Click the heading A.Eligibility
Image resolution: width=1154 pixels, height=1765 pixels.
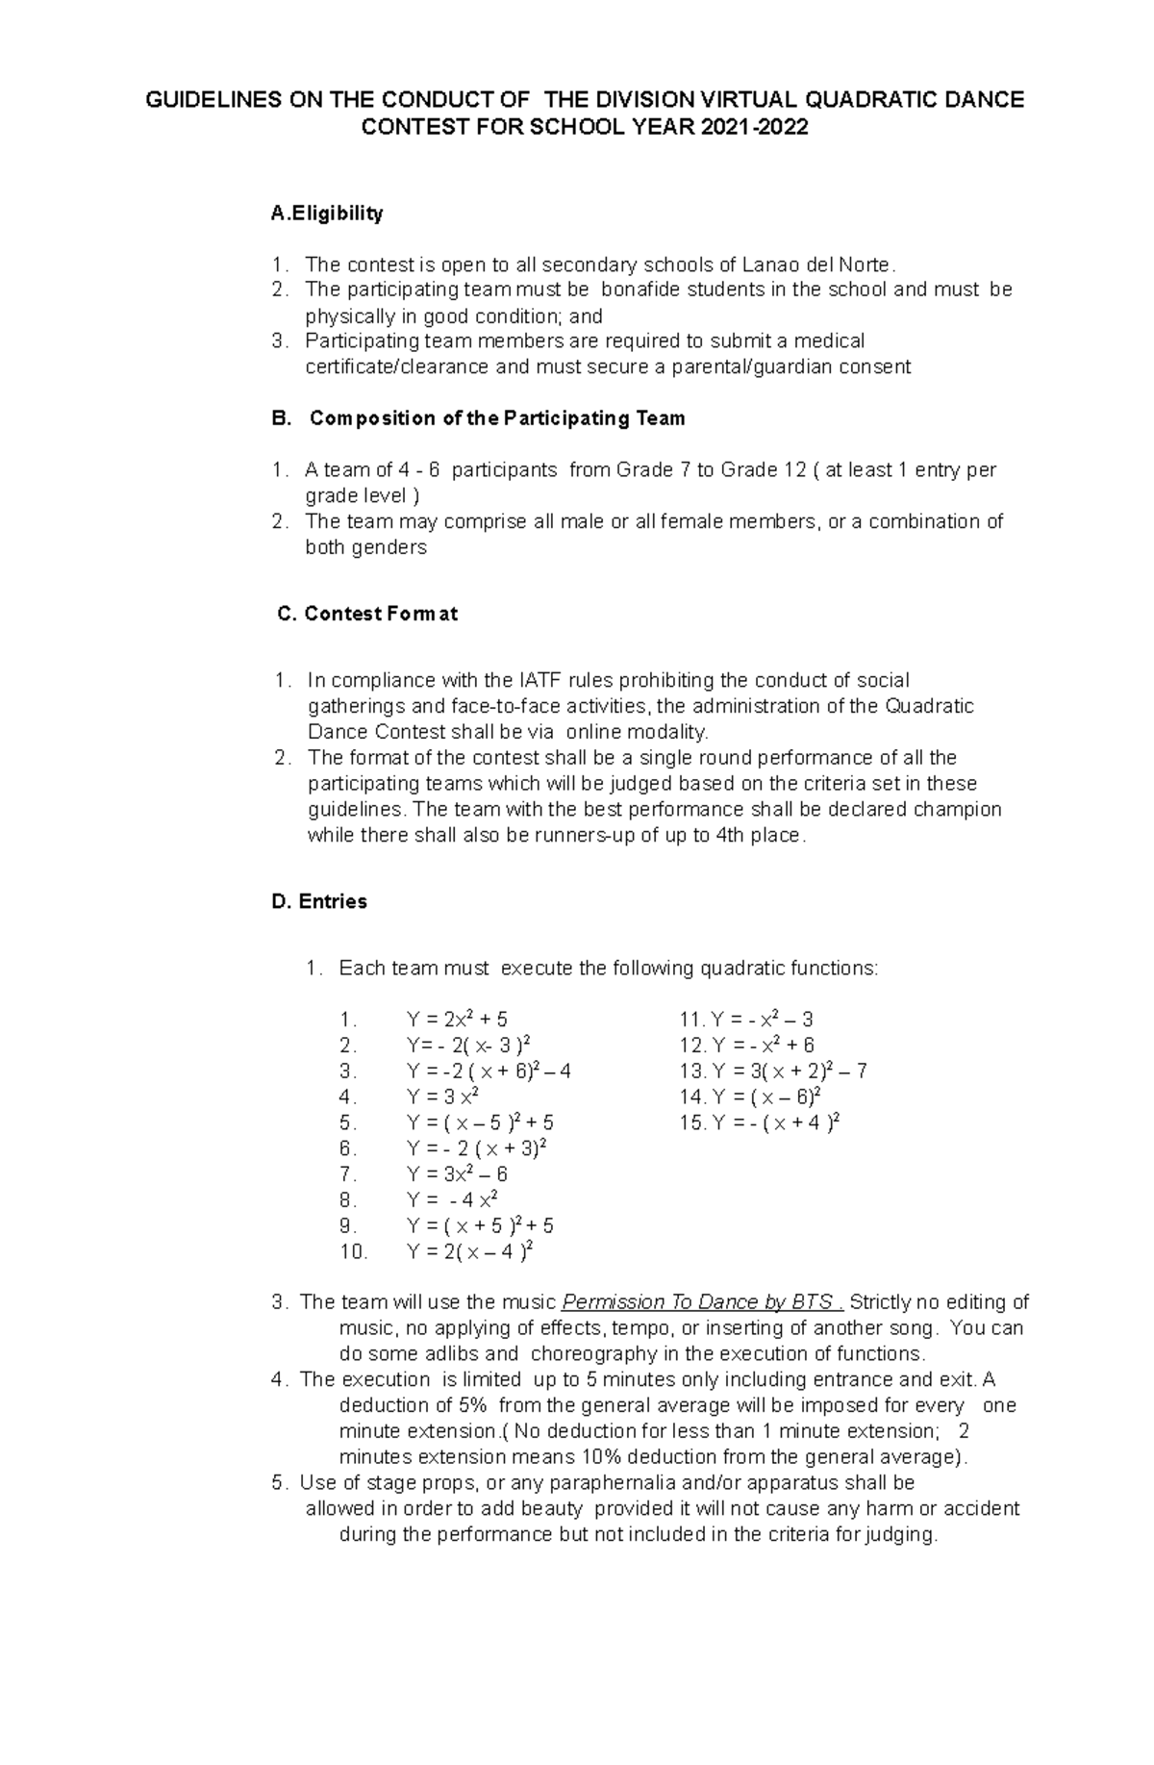point(327,214)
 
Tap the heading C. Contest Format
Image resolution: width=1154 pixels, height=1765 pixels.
point(366,614)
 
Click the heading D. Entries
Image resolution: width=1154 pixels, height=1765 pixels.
point(319,901)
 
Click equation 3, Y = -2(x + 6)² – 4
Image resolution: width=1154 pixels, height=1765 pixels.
point(489,1072)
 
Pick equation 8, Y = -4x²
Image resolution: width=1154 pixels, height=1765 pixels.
point(452,1200)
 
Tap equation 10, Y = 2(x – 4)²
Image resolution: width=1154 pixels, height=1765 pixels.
point(470,1252)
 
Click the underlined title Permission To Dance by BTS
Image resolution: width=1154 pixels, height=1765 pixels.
point(698,1302)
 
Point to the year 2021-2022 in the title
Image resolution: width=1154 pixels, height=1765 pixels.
point(754,127)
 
